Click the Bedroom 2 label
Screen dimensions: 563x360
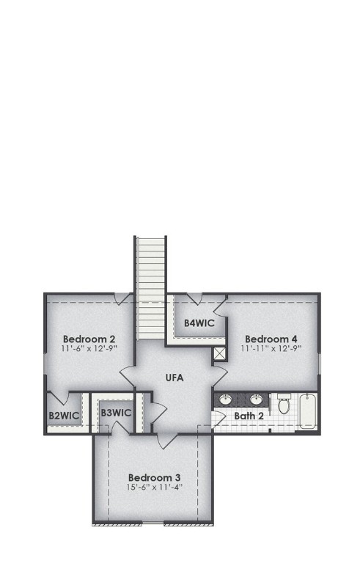coord(89,339)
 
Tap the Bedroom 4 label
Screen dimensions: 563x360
coord(271,339)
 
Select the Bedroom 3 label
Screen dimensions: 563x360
coord(154,477)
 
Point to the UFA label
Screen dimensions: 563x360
coord(174,378)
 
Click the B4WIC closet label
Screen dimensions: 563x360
coord(198,323)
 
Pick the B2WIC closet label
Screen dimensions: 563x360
coord(64,416)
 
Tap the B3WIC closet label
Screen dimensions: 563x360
coord(116,413)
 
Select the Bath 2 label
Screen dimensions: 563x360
coord(249,416)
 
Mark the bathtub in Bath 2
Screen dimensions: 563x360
coord(309,411)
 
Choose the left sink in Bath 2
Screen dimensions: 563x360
coord(227,400)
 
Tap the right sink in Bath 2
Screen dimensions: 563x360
coord(256,400)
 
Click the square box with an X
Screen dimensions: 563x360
coord(219,354)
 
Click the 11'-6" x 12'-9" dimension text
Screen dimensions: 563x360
coord(89,349)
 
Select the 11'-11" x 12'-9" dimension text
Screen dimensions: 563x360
coord(271,349)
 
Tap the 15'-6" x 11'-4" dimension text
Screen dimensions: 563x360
coord(154,487)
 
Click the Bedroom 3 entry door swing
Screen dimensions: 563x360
coord(165,441)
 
